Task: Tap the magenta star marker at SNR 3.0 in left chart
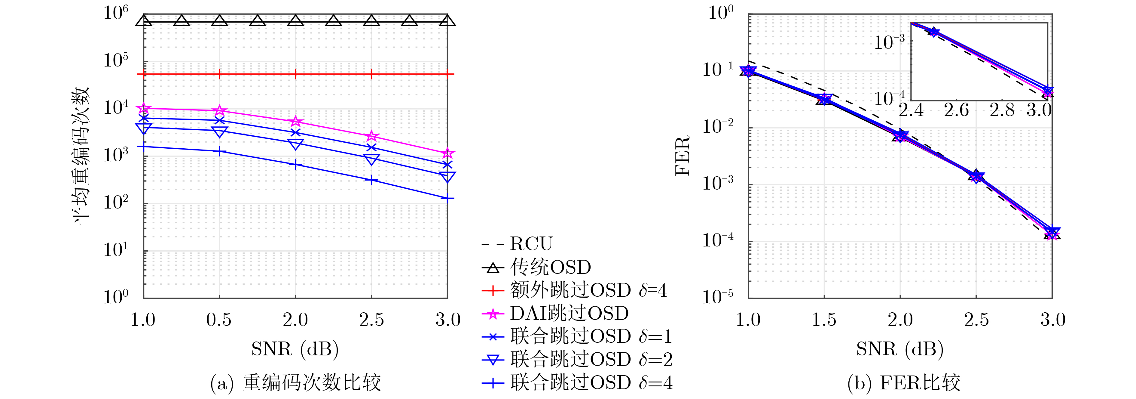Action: (x=447, y=153)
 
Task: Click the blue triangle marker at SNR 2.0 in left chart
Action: (x=295, y=144)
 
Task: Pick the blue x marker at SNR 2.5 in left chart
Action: (x=371, y=147)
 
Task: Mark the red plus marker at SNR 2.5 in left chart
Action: (x=371, y=74)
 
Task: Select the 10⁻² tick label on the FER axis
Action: (x=717, y=127)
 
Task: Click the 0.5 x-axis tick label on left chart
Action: (x=219, y=320)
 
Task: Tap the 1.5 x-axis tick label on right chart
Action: (x=824, y=320)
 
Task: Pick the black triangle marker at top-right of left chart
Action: (x=447, y=21)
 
